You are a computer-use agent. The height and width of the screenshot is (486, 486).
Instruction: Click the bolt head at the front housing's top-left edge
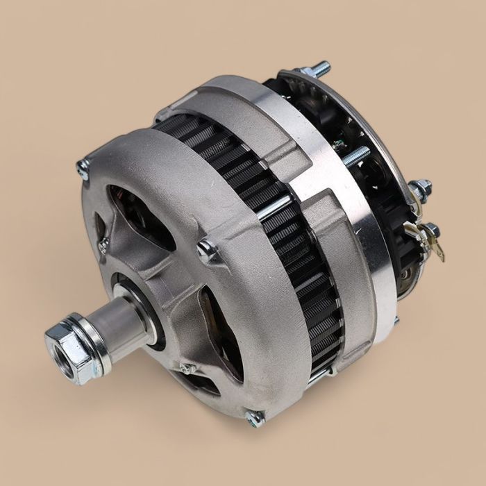pos(83,169)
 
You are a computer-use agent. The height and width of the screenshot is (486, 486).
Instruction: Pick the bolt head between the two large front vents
pos(207,250)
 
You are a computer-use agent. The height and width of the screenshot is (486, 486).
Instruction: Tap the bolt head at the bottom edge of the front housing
pos(255,417)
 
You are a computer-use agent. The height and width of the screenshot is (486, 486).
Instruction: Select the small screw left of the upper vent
pos(103,244)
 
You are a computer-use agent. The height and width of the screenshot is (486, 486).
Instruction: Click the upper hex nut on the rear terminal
pos(419,188)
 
